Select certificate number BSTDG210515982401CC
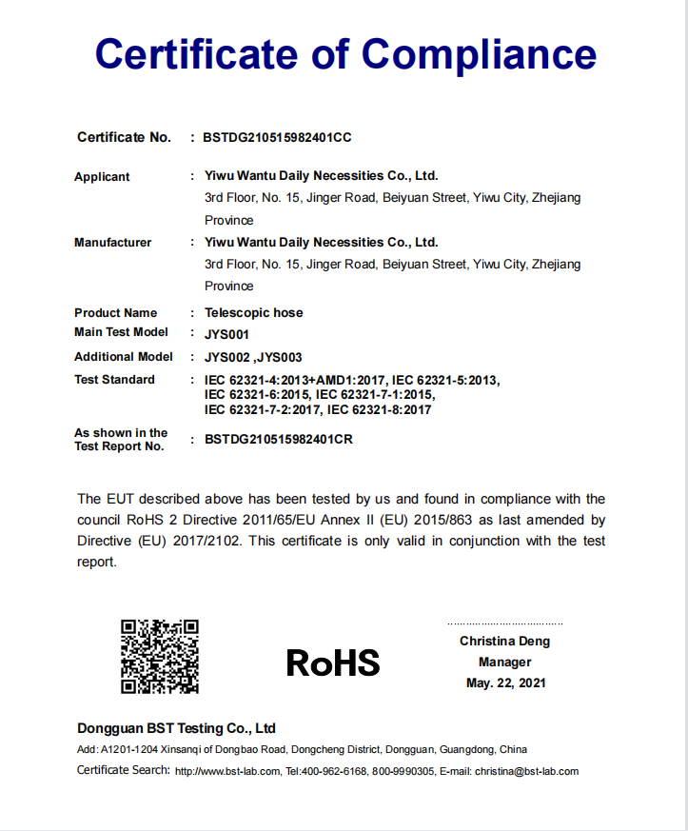278,138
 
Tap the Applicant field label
102,177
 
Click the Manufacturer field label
112,243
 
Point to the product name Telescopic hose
254,313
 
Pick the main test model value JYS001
226,334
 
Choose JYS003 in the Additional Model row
281,358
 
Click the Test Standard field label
114,380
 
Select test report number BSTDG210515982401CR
279,441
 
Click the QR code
159,656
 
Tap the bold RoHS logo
333,663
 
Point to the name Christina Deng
504,642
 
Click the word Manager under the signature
504,663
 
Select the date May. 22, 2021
505,683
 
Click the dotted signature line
504,623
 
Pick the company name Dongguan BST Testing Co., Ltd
176,729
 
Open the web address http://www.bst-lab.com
227,772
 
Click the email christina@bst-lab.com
526,772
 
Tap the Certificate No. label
124,138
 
